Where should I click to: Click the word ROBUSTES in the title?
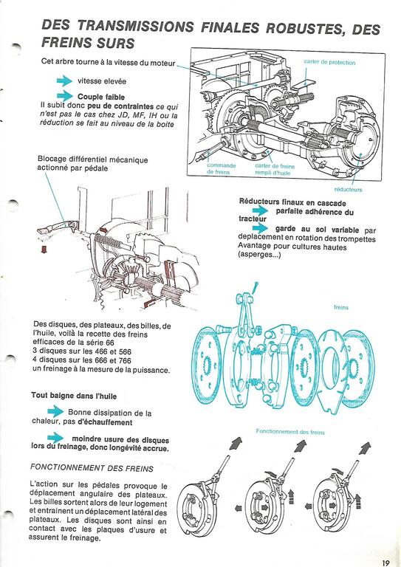click(304, 28)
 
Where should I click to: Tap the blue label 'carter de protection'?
click(329, 63)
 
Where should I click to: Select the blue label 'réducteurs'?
click(348, 190)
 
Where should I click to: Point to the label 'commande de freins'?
click(222, 169)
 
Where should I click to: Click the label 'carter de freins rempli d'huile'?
click(275, 170)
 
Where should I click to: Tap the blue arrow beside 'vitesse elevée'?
click(65, 80)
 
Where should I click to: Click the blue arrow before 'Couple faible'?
click(65, 96)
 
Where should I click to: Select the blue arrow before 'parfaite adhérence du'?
click(261, 211)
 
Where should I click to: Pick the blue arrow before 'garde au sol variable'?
click(261, 228)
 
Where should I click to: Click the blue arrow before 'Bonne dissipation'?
click(55, 411)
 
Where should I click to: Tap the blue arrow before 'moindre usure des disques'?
click(55, 438)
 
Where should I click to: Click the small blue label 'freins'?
click(341, 307)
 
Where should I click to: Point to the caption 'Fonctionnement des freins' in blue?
click(290, 432)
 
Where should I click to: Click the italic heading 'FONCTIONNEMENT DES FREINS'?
click(92, 468)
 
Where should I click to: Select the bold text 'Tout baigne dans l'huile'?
click(74, 396)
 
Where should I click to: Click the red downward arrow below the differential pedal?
click(44, 249)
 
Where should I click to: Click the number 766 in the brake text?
click(124, 360)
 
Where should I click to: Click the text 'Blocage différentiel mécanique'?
click(92, 159)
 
